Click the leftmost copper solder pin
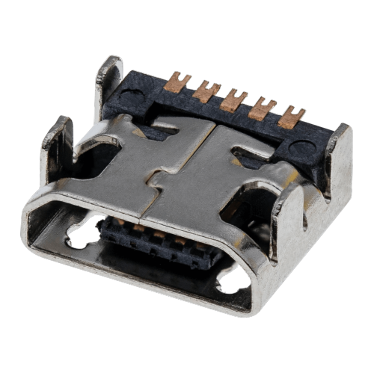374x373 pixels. point(177,81)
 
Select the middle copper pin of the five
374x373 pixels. point(233,99)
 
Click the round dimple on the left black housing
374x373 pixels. point(131,97)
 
